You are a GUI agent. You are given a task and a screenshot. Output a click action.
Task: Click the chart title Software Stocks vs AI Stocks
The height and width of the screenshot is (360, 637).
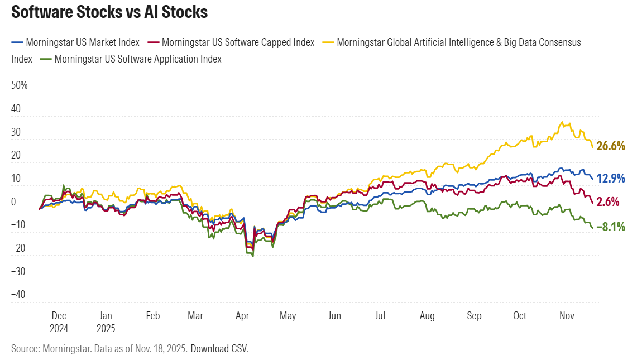109,12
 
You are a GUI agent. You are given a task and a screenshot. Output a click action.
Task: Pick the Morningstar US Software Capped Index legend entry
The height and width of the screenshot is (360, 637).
238,42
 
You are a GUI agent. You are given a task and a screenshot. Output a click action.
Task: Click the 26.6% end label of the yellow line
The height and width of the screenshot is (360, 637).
610,146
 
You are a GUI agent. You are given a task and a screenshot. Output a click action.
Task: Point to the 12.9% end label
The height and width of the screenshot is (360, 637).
611,179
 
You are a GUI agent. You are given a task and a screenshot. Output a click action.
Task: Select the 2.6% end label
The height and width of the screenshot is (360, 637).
608,202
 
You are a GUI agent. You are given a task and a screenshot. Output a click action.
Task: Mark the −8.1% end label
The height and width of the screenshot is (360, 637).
611,227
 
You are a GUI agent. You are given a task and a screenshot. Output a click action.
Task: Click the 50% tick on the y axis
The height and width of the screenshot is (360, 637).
20,85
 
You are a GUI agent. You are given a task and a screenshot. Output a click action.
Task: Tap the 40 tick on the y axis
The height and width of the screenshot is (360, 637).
16,109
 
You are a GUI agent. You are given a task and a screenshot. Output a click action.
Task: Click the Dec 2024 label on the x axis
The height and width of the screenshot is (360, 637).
59,321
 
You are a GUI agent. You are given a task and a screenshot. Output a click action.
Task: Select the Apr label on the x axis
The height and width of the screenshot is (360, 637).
242,316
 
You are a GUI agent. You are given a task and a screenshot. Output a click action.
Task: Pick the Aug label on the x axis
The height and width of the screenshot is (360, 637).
427,316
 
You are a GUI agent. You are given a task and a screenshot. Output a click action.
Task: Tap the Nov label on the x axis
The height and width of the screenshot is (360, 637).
567,316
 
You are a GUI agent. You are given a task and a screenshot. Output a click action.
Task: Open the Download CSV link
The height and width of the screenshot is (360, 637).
219,349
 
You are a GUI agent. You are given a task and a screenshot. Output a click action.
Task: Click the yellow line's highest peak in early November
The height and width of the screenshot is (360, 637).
561,122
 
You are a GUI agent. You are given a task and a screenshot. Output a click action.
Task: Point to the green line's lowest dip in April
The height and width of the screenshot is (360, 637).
253,256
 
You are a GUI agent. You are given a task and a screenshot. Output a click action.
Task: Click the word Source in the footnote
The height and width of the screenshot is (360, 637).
25,349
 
